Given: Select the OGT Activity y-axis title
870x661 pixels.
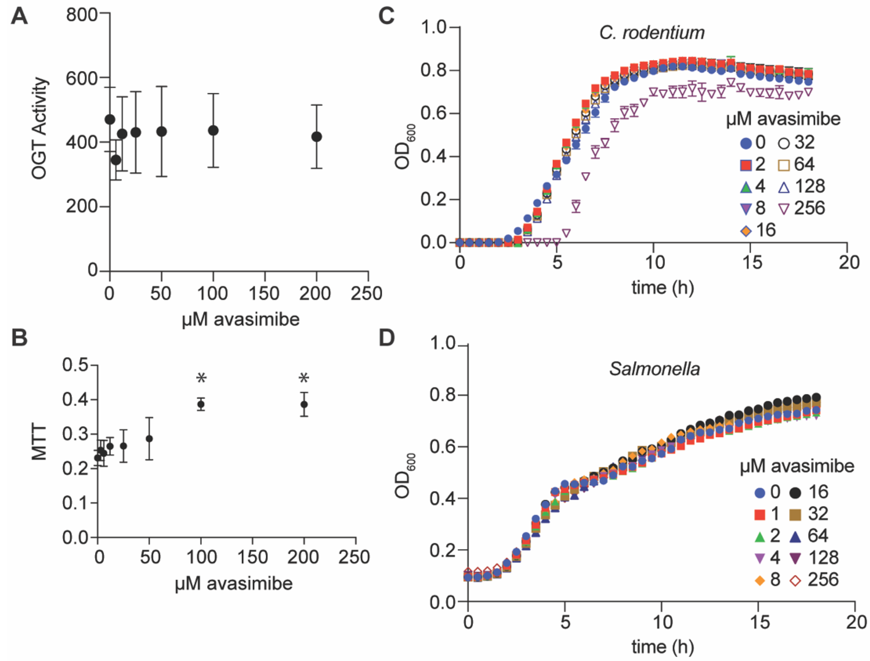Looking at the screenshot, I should pos(39,129).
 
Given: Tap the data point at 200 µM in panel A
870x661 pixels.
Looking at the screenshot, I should pos(316,137).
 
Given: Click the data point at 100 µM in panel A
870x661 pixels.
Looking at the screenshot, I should pos(213,131).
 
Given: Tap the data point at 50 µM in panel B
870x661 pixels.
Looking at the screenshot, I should pos(149,439).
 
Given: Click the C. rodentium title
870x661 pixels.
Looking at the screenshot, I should pos(652,33).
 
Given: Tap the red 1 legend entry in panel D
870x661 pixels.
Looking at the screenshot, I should pos(767,514).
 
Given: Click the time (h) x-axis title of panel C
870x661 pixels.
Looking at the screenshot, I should pos(663,288).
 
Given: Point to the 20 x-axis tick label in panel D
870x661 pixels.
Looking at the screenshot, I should pos(855,622).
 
